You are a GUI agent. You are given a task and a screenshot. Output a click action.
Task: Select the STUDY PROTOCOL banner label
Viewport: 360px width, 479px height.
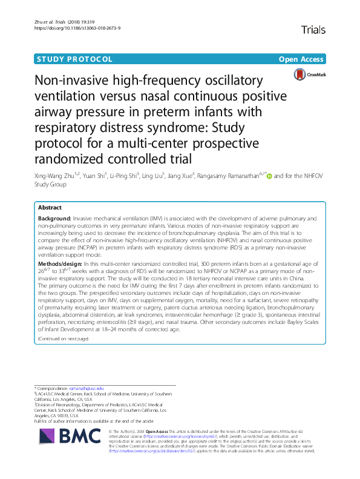click(75, 59)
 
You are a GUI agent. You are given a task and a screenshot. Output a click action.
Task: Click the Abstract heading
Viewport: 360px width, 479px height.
click(49, 207)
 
